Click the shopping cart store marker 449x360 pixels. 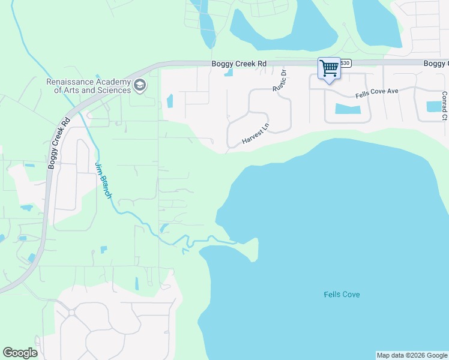click(x=328, y=68)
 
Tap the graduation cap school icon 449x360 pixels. click(x=140, y=86)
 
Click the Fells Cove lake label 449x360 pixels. click(x=342, y=295)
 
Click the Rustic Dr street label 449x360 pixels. click(x=280, y=79)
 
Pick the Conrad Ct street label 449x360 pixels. click(x=444, y=106)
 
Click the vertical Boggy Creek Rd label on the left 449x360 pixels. click(x=59, y=143)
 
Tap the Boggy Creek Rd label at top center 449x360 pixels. click(x=238, y=64)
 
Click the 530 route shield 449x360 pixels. click(x=345, y=63)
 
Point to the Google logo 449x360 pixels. click(x=20, y=353)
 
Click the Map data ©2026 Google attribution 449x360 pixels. click(x=412, y=355)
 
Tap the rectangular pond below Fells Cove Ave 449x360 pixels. click(x=348, y=109)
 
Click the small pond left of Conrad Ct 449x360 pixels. click(x=433, y=107)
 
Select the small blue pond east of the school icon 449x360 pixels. click(x=169, y=100)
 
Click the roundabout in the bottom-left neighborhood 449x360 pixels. click(x=71, y=313)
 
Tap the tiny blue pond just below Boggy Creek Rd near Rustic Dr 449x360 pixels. click(x=229, y=74)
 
